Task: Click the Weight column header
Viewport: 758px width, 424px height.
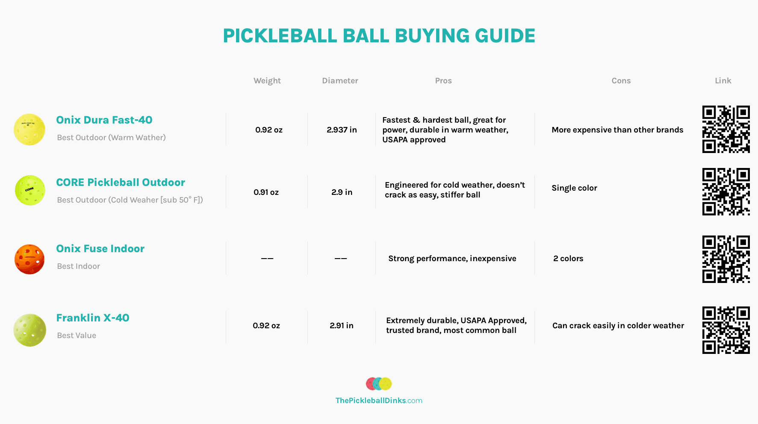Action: coord(267,81)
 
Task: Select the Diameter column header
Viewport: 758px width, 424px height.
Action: coord(340,81)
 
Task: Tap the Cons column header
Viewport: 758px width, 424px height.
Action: coord(621,81)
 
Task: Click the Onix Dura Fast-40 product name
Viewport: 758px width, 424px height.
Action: coord(104,120)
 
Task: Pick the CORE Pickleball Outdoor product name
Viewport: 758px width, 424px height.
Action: coord(121,183)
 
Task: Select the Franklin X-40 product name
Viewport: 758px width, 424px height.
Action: coord(93,318)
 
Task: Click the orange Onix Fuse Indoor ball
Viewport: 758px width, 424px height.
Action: coord(29,259)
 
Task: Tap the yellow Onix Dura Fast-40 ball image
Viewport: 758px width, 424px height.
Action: coord(29,130)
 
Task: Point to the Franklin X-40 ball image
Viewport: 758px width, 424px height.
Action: coord(29,330)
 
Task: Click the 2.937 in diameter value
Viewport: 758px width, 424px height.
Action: coord(342,130)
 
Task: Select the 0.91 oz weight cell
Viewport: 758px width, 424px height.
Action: coord(266,192)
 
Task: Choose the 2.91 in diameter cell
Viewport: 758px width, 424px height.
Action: coord(342,326)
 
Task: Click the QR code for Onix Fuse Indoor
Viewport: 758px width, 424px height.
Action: coord(726,259)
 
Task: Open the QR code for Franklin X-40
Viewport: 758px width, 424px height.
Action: coord(726,330)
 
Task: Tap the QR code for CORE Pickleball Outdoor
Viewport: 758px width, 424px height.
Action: coord(726,191)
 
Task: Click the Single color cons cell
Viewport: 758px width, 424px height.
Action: coord(574,188)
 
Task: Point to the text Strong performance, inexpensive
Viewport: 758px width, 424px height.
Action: coord(452,259)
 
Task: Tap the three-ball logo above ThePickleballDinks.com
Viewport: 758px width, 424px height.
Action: coord(379,384)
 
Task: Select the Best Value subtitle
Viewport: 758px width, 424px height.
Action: coord(77,336)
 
